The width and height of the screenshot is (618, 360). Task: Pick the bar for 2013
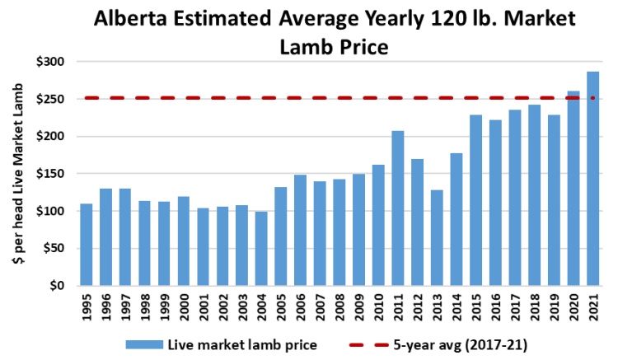(x=437, y=238)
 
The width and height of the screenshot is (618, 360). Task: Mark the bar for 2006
(x=301, y=231)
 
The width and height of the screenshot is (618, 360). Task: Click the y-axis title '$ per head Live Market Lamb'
(x=17, y=175)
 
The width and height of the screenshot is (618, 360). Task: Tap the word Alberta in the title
(x=133, y=17)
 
